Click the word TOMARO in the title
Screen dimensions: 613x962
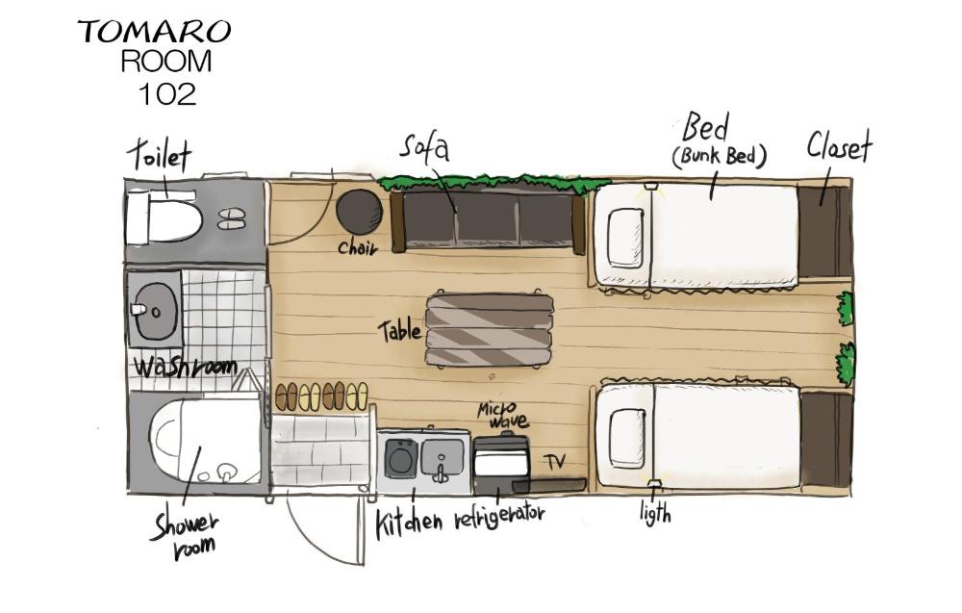tap(154, 31)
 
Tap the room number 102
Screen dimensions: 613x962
tap(166, 93)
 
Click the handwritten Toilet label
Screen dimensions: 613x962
tap(160, 156)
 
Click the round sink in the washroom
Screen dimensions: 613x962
tap(155, 313)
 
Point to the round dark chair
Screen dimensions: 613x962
tap(359, 211)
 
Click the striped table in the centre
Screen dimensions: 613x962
tap(489, 330)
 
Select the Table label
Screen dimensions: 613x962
tap(399, 331)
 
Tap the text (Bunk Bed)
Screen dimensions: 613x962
tap(720, 156)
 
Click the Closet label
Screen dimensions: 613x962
tap(839, 147)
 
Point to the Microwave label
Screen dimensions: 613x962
tap(502, 416)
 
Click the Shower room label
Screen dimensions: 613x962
tap(185, 534)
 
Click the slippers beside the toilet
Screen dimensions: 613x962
tap(231, 218)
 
